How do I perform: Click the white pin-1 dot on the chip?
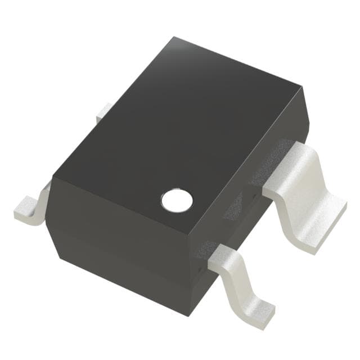[x=177, y=199]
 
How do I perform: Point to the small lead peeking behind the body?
[x=103, y=112]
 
